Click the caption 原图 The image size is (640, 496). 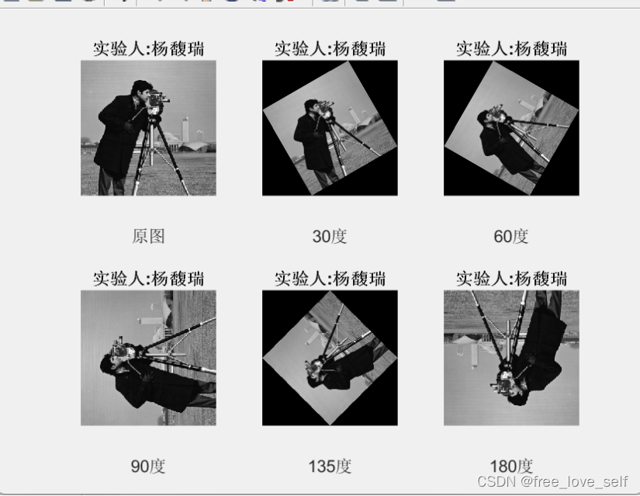(x=148, y=236)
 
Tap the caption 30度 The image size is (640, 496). (x=330, y=236)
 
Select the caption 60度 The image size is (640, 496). (x=511, y=236)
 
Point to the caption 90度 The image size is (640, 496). (x=148, y=467)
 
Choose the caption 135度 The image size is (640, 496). (x=330, y=467)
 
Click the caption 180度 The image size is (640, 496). (x=511, y=467)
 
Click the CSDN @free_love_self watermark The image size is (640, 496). (x=552, y=481)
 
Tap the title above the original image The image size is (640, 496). (x=149, y=49)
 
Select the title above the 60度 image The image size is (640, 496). (x=511, y=49)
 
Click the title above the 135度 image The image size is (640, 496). (x=330, y=279)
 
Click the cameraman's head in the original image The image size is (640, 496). (x=141, y=91)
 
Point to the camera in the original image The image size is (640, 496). (x=157, y=99)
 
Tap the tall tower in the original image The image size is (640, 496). (x=185, y=129)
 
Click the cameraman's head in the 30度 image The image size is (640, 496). (x=313, y=107)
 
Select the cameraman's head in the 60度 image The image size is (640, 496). (x=485, y=118)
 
